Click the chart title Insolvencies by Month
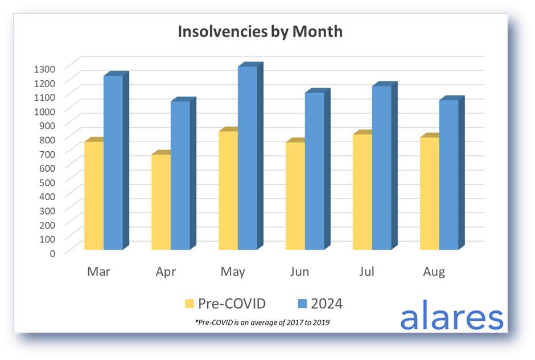point(260,31)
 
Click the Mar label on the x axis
point(98,272)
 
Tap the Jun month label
point(299,272)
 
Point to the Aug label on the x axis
point(434,272)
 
